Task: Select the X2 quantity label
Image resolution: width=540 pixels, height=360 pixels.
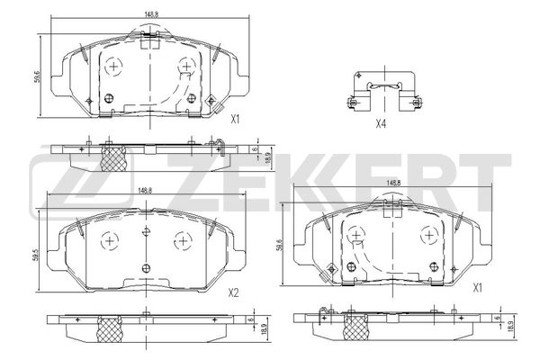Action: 233,292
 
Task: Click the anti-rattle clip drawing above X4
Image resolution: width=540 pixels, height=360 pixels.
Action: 383,94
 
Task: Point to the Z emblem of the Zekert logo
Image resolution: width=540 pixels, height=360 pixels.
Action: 67,179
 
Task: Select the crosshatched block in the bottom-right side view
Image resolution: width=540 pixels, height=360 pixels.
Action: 354,326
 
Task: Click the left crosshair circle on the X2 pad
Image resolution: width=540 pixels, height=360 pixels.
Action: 109,240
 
